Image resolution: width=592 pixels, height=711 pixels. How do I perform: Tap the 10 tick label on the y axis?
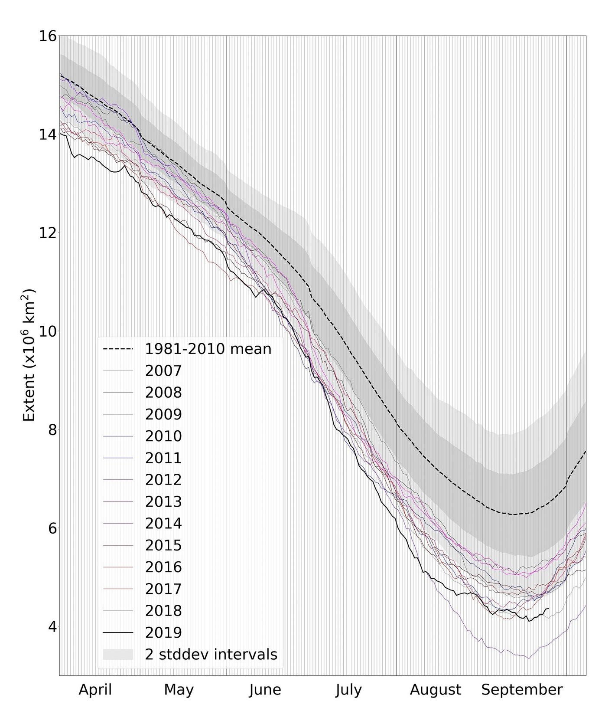[x=48, y=331]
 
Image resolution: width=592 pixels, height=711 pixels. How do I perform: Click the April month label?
[x=95, y=689]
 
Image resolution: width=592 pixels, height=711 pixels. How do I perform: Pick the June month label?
[x=265, y=689]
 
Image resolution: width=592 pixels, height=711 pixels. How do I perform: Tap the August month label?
[x=436, y=689]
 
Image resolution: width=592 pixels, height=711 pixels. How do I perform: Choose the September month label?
[x=522, y=689]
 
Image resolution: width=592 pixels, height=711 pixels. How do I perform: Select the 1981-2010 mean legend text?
[x=208, y=349]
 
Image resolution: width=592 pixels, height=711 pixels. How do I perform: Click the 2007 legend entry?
[x=163, y=371]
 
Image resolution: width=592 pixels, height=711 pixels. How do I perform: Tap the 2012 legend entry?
[x=163, y=480]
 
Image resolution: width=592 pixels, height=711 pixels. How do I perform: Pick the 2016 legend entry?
[x=163, y=567]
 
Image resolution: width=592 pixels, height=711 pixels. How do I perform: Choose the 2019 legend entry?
[x=163, y=632]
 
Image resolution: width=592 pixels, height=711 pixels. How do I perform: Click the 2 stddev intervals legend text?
[x=211, y=654]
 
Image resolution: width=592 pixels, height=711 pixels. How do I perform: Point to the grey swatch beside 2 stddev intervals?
[x=118, y=654]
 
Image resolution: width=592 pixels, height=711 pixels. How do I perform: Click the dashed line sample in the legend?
[x=118, y=349]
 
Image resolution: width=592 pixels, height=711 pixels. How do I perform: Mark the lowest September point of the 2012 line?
[x=528, y=659]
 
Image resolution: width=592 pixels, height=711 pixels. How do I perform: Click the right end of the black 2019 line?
[x=549, y=608]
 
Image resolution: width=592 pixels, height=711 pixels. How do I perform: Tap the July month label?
[x=348, y=689]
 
